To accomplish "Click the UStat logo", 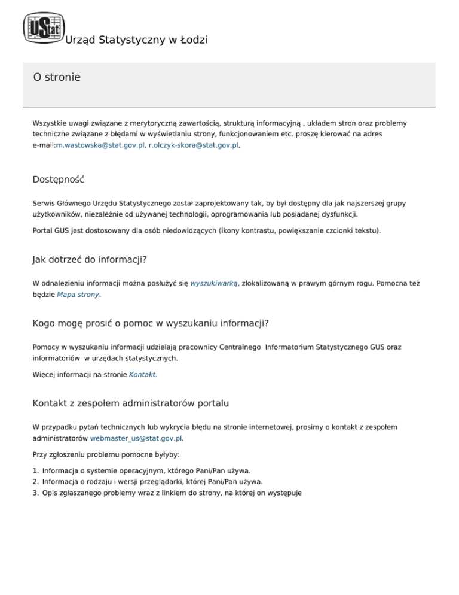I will [43, 28].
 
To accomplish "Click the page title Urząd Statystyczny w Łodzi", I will [136, 41].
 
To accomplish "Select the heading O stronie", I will [57, 77].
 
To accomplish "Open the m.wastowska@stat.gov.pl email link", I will [100, 145].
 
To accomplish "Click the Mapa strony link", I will [78, 295].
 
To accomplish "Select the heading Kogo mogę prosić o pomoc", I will [151, 324].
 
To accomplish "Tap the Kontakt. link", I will [143, 375].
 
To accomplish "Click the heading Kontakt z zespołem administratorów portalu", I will [131, 403].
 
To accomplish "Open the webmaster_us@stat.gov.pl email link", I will [136, 438].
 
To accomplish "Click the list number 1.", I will [35, 470].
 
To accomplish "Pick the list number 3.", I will [35, 493].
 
